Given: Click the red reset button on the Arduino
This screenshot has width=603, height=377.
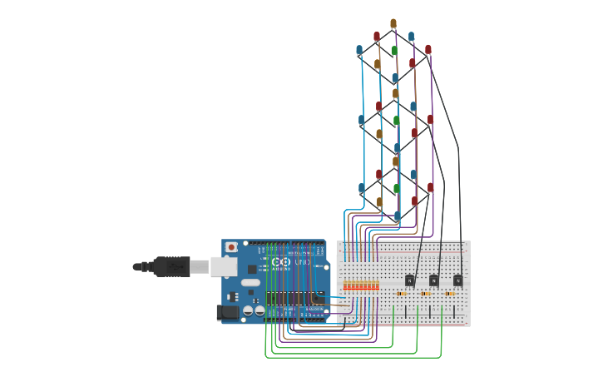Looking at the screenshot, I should click(x=231, y=247).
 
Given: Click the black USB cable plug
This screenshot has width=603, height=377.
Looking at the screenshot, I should click(x=173, y=267).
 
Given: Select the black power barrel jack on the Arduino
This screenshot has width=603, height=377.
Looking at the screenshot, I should click(x=226, y=313).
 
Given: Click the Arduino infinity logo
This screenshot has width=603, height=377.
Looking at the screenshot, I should click(x=279, y=263).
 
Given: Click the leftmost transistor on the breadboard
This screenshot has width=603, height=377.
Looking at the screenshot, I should click(x=408, y=280).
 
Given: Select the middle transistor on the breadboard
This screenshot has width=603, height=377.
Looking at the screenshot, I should click(x=433, y=280).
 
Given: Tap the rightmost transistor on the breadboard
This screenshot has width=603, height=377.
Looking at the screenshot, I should click(x=457, y=280).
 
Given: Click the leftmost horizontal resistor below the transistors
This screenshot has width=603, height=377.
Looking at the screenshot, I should click(x=403, y=294).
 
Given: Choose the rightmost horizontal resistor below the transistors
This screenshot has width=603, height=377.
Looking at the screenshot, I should click(x=452, y=294).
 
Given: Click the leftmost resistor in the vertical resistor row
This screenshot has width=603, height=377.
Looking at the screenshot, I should click(x=345, y=286).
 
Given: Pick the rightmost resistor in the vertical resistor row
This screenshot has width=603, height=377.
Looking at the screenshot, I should click(x=377, y=286).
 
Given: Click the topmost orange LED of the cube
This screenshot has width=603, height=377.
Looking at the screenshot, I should click(x=393, y=22).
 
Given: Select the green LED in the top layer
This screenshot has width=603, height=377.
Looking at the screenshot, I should click(x=395, y=51).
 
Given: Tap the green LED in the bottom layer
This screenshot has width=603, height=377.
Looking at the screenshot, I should click(x=396, y=189).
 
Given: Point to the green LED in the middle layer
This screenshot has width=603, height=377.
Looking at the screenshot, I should click(x=397, y=121).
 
